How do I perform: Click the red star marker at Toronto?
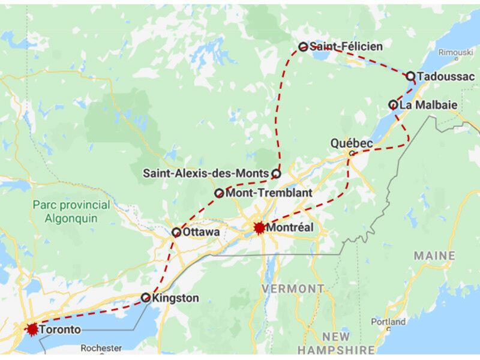[x=32, y=329]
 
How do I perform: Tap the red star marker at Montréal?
[x=259, y=228]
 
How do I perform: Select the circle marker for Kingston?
[x=146, y=298]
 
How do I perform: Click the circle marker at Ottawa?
[x=176, y=232]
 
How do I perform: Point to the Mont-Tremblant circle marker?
[x=219, y=193]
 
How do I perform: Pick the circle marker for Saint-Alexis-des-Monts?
[x=276, y=173]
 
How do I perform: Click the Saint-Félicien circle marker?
[x=304, y=47]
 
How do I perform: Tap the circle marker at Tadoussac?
[x=410, y=76]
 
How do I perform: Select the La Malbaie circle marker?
[x=393, y=105]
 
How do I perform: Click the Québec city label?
[x=352, y=143]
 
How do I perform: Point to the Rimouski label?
[x=455, y=53]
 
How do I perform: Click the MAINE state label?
[x=434, y=256]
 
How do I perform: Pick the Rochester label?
[x=101, y=348]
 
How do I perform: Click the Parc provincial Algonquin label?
[x=71, y=212]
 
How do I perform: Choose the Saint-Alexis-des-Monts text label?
[x=206, y=173]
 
